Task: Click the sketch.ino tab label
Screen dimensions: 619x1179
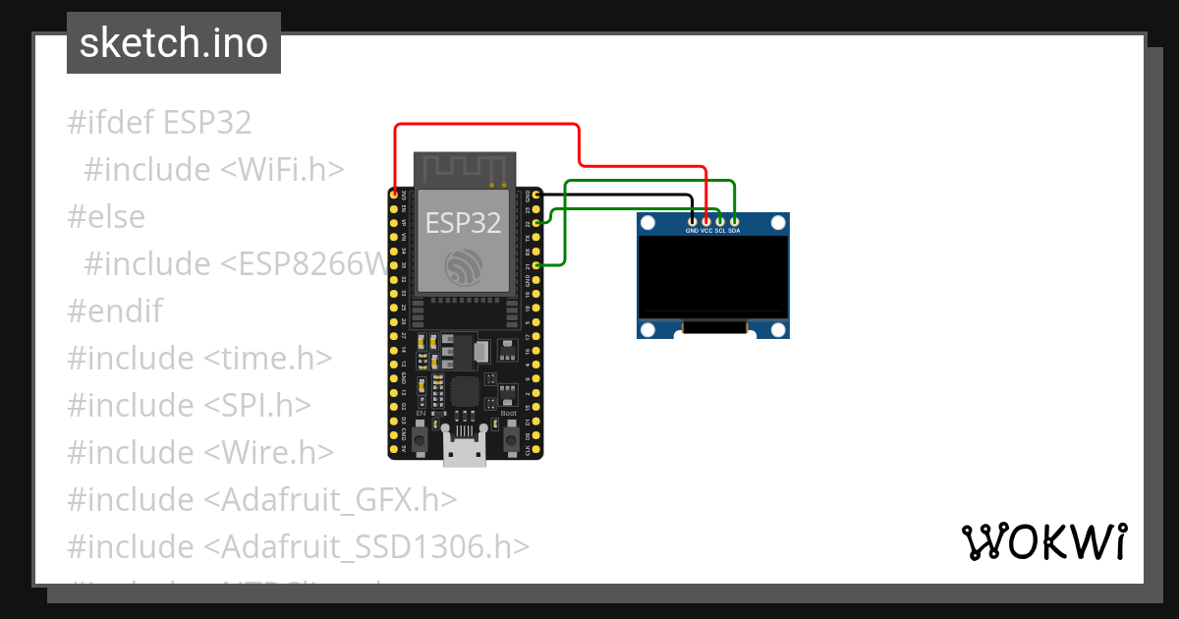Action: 174,43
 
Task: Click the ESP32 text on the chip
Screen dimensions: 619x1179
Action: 463,223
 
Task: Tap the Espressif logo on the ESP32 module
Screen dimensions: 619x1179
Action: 463,267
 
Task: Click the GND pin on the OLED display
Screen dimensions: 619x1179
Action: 693,221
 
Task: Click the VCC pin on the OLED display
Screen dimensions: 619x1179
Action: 706,221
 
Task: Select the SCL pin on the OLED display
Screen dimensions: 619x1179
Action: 720,221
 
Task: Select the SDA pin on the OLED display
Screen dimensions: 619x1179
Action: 734,221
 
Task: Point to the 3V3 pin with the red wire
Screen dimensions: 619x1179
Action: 394,196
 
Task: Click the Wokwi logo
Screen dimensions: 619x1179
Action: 1042,541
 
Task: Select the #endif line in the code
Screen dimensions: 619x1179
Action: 114,310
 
